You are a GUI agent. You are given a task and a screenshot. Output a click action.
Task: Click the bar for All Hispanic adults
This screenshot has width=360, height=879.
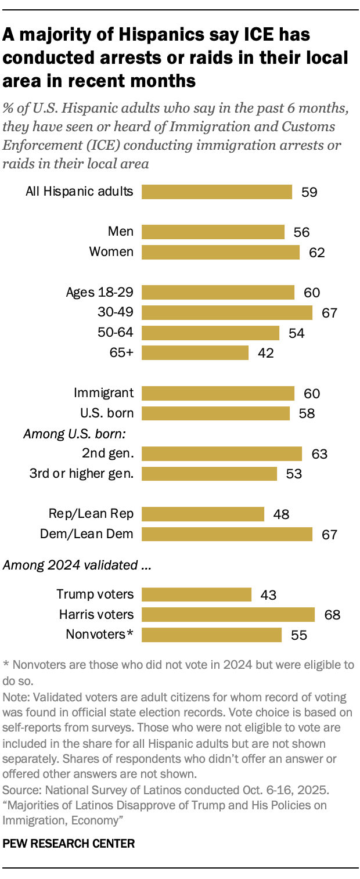point(217,192)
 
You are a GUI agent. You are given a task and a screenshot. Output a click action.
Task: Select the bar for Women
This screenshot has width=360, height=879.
point(221,252)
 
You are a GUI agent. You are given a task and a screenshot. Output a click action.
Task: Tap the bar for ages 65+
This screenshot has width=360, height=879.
point(195,352)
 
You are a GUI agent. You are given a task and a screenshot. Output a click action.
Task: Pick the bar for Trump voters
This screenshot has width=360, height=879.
point(196,595)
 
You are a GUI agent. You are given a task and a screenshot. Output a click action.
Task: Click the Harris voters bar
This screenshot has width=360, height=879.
point(228,614)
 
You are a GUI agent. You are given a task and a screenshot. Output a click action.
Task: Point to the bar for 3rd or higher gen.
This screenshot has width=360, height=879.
point(209,474)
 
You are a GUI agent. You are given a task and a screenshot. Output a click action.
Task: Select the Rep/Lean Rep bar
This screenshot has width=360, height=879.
point(203,514)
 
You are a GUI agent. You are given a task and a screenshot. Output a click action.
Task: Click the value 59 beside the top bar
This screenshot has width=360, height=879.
point(309,192)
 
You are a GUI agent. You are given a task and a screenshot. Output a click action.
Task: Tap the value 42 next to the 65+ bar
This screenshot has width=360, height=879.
point(266,352)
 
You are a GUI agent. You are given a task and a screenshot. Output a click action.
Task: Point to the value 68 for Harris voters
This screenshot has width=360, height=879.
point(332,614)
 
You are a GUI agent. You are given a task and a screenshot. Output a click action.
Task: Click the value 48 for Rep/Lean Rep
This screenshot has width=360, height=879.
point(281,514)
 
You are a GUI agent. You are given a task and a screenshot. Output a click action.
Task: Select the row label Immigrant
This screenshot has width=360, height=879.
point(104,393)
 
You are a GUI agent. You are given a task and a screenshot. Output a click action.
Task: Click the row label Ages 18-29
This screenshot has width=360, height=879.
point(100,292)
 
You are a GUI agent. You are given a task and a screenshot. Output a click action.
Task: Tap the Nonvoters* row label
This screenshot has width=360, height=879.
point(98,634)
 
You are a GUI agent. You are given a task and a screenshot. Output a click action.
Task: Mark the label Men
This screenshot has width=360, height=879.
point(121,232)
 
